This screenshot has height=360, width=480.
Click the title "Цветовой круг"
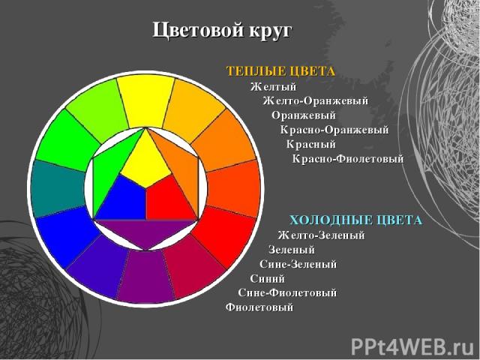tap(222, 31)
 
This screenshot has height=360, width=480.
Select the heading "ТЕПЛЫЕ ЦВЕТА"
tap(280, 71)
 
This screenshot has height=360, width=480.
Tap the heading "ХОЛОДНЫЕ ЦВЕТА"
tap(355, 220)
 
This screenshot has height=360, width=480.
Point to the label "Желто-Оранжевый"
tap(315, 100)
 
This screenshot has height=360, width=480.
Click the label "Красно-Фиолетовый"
tap(348, 159)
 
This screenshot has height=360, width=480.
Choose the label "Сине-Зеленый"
tap(298, 264)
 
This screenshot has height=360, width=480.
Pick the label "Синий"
tap(268, 278)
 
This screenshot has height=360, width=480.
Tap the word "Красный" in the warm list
tap(311, 144)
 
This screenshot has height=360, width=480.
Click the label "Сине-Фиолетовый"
tap(287, 292)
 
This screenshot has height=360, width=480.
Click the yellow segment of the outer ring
tap(145, 101)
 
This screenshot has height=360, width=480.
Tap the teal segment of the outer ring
tap(58, 189)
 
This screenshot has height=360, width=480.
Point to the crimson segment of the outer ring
tap(193, 268)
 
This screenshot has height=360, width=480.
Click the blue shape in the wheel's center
tap(121, 199)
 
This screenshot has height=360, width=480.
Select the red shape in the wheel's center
tap(169, 199)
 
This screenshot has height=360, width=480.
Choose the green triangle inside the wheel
tap(107, 172)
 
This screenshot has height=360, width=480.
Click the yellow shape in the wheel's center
tap(145, 162)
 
